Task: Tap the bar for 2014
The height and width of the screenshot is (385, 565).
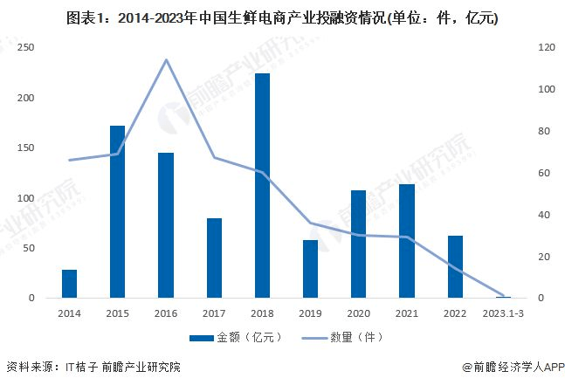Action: pos(69,284)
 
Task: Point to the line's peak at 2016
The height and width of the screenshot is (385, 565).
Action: pos(166,59)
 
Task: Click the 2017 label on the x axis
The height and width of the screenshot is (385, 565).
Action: pos(214,312)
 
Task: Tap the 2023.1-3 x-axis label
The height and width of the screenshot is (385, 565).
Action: pos(503,312)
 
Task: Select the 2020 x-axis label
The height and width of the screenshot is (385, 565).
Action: pos(359,312)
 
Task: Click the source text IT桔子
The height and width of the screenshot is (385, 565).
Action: pos(81,368)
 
